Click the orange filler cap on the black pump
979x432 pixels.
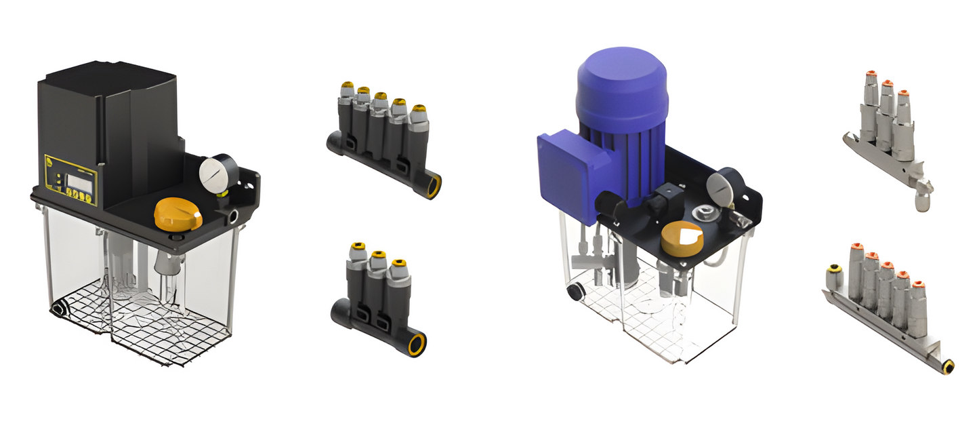[178, 214]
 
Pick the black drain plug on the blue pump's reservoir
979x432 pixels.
[575, 292]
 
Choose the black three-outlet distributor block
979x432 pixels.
[376, 294]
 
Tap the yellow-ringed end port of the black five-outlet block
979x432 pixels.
[432, 185]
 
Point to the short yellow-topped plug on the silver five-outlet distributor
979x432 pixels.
[832, 275]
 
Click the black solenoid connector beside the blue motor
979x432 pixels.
[658, 200]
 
